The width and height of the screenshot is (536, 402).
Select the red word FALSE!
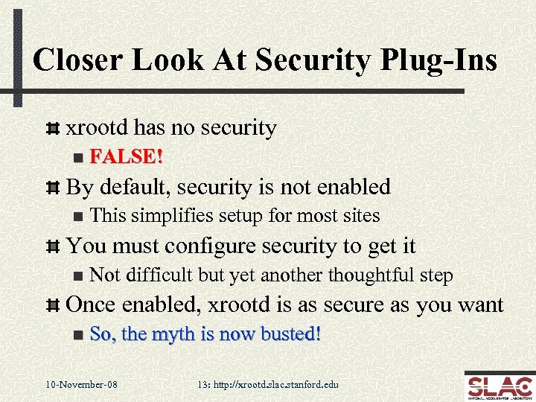point(127,157)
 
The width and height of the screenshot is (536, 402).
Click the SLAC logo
point(497,386)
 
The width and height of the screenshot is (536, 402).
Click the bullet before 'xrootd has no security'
point(53,129)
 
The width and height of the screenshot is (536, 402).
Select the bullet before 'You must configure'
point(53,246)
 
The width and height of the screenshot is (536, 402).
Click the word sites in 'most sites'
point(362,216)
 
